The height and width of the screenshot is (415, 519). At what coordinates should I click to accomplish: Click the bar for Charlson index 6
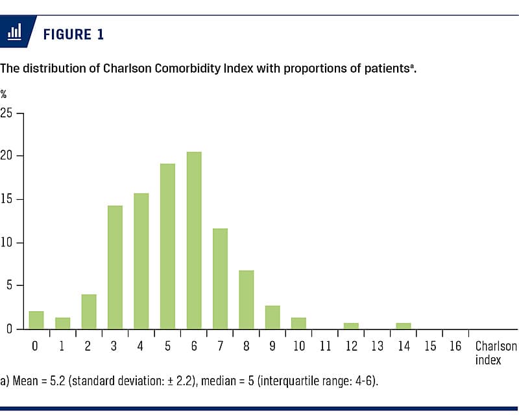click(x=194, y=241)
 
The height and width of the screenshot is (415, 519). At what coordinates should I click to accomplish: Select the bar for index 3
click(x=115, y=267)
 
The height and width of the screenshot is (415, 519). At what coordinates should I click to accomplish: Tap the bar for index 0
click(x=36, y=320)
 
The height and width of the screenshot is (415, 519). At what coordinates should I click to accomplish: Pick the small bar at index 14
click(x=404, y=326)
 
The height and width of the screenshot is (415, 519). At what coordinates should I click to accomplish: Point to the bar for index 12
click(x=351, y=326)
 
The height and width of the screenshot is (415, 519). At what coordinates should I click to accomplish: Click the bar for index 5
click(x=167, y=246)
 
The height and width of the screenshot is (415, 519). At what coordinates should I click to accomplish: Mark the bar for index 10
click(x=298, y=323)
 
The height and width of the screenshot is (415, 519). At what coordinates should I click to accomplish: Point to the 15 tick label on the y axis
click(x=6, y=200)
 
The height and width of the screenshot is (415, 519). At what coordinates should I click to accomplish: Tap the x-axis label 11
click(x=325, y=346)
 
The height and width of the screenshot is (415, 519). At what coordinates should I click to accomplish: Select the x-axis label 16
click(x=456, y=346)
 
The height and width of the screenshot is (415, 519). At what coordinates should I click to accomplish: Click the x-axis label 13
click(x=378, y=346)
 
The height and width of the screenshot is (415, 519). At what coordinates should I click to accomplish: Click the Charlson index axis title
click(x=496, y=353)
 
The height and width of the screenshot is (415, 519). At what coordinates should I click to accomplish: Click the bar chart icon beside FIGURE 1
click(x=15, y=33)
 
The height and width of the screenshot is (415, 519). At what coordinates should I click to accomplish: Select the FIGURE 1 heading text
click(x=73, y=34)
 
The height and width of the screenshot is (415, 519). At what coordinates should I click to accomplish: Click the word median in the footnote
click(x=215, y=381)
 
